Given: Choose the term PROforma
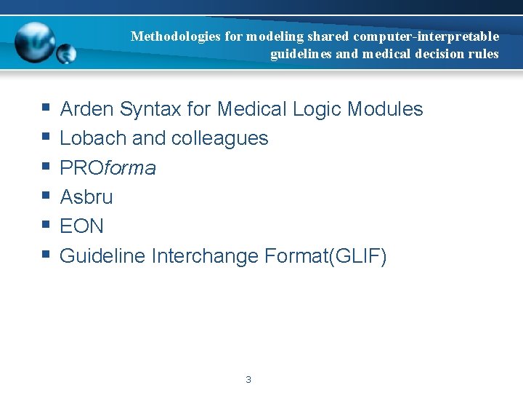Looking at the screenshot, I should click(x=108, y=168).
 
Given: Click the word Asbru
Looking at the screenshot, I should click(x=86, y=197).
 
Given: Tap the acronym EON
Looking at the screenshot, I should click(x=81, y=226).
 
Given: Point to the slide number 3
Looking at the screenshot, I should click(x=248, y=379).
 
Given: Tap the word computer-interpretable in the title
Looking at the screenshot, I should click(x=426, y=36).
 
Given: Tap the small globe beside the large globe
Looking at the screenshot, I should click(x=66, y=53).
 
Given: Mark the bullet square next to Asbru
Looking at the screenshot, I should click(x=45, y=196).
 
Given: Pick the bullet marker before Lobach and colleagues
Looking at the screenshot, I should click(x=45, y=137).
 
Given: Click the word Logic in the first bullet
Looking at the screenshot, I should click(x=317, y=109).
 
